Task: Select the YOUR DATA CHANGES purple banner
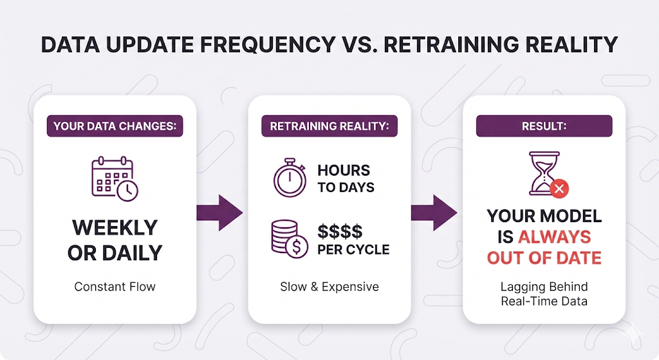pyautogui.click(x=115, y=126)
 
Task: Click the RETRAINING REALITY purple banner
pyautogui.click(x=329, y=126)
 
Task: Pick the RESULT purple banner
pyautogui.click(x=544, y=126)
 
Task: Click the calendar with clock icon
pyautogui.click(x=115, y=178)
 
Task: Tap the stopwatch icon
pyautogui.click(x=290, y=178)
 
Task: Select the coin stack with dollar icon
pyautogui.click(x=290, y=239)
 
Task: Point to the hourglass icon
pyautogui.click(x=544, y=173)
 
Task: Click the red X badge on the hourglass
pyautogui.click(x=559, y=189)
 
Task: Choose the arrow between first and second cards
pyautogui.click(x=219, y=213)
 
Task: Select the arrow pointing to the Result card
pyautogui.click(x=434, y=213)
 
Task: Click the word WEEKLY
pyautogui.click(x=115, y=228)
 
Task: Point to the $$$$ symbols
pyautogui.click(x=340, y=231)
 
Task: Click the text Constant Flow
pyautogui.click(x=115, y=287)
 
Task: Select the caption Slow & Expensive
pyautogui.click(x=329, y=287)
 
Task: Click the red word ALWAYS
pyautogui.click(x=554, y=237)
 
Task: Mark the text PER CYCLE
pyautogui.click(x=353, y=250)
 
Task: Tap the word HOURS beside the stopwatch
pyautogui.click(x=344, y=170)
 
